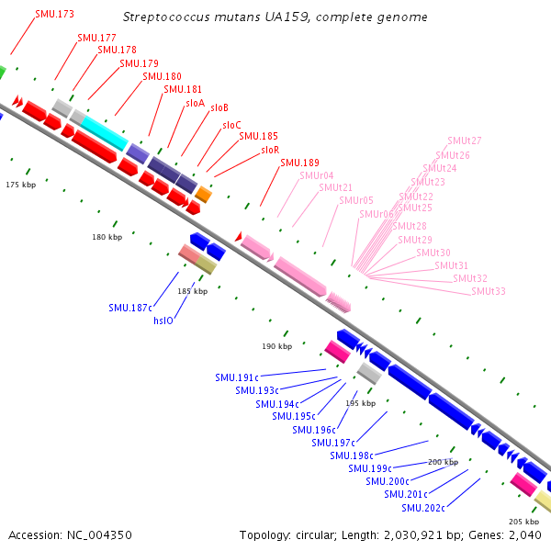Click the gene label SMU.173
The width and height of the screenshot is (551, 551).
(x=54, y=15)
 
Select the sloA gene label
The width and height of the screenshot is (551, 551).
(x=196, y=104)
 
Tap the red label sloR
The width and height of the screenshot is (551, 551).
(x=270, y=150)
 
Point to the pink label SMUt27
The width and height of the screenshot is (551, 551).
(x=465, y=141)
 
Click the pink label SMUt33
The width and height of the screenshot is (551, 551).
(x=489, y=291)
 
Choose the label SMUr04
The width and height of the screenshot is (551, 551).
(x=317, y=175)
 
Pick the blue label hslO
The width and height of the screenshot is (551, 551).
(x=163, y=321)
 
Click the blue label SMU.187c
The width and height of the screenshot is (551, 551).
(x=129, y=308)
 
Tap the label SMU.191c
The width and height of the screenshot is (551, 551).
(x=237, y=377)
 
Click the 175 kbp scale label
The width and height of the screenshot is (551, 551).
(x=19, y=185)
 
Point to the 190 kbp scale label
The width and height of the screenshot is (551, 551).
(x=276, y=346)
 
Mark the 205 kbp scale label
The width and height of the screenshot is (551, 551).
(x=523, y=521)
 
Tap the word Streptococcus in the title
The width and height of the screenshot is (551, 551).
(x=165, y=17)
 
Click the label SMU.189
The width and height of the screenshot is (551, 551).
(x=299, y=163)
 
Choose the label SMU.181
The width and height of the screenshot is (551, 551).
(x=183, y=89)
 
